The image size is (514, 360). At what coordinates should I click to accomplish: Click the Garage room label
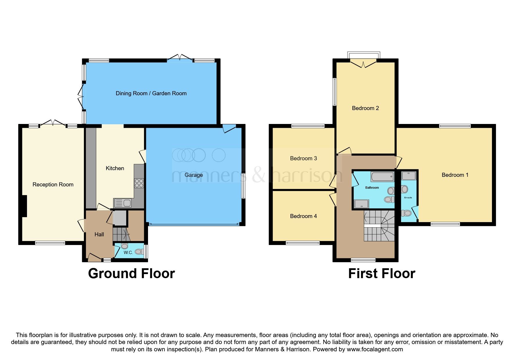(x=194, y=175)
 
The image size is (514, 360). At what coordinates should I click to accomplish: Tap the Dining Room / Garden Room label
(x=151, y=93)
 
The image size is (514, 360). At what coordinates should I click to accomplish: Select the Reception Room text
(x=53, y=185)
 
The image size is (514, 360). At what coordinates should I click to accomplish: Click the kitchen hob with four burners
(x=139, y=183)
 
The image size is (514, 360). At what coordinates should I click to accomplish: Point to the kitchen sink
(x=123, y=203)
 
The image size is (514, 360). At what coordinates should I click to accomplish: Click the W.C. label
(x=128, y=253)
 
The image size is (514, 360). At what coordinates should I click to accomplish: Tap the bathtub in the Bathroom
(x=382, y=177)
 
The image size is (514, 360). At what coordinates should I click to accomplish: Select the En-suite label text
(x=408, y=198)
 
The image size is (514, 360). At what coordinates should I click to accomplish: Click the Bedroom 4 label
(x=303, y=216)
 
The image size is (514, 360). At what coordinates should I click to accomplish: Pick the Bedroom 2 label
(x=365, y=108)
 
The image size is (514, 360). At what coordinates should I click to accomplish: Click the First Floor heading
(x=381, y=274)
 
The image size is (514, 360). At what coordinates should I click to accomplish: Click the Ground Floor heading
(x=131, y=274)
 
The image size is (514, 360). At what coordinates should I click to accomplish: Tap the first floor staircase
(x=379, y=226)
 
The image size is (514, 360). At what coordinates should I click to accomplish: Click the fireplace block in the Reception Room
(x=24, y=206)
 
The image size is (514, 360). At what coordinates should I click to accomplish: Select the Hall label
(x=99, y=235)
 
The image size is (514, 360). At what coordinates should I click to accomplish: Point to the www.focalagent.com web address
(x=375, y=350)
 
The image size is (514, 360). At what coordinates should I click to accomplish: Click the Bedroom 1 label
(x=455, y=175)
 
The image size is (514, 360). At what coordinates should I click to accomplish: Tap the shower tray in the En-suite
(x=409, y=176)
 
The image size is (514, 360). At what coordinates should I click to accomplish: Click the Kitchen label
(x=115, y=168)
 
